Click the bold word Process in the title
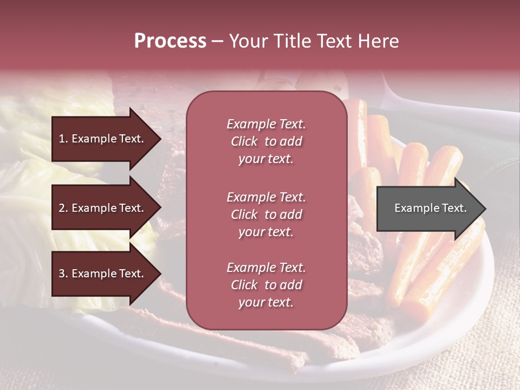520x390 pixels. point(170,41)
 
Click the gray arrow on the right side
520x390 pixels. point(428,209)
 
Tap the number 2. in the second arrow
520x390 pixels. point(63,208)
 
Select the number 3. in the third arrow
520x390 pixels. point(63,274)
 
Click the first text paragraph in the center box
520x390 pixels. point(266,141)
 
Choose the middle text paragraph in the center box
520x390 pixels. point(266,214)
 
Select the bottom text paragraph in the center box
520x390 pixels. point(266,285)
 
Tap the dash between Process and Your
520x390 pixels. point(217,42)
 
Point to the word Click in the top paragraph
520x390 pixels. point(244,141)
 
